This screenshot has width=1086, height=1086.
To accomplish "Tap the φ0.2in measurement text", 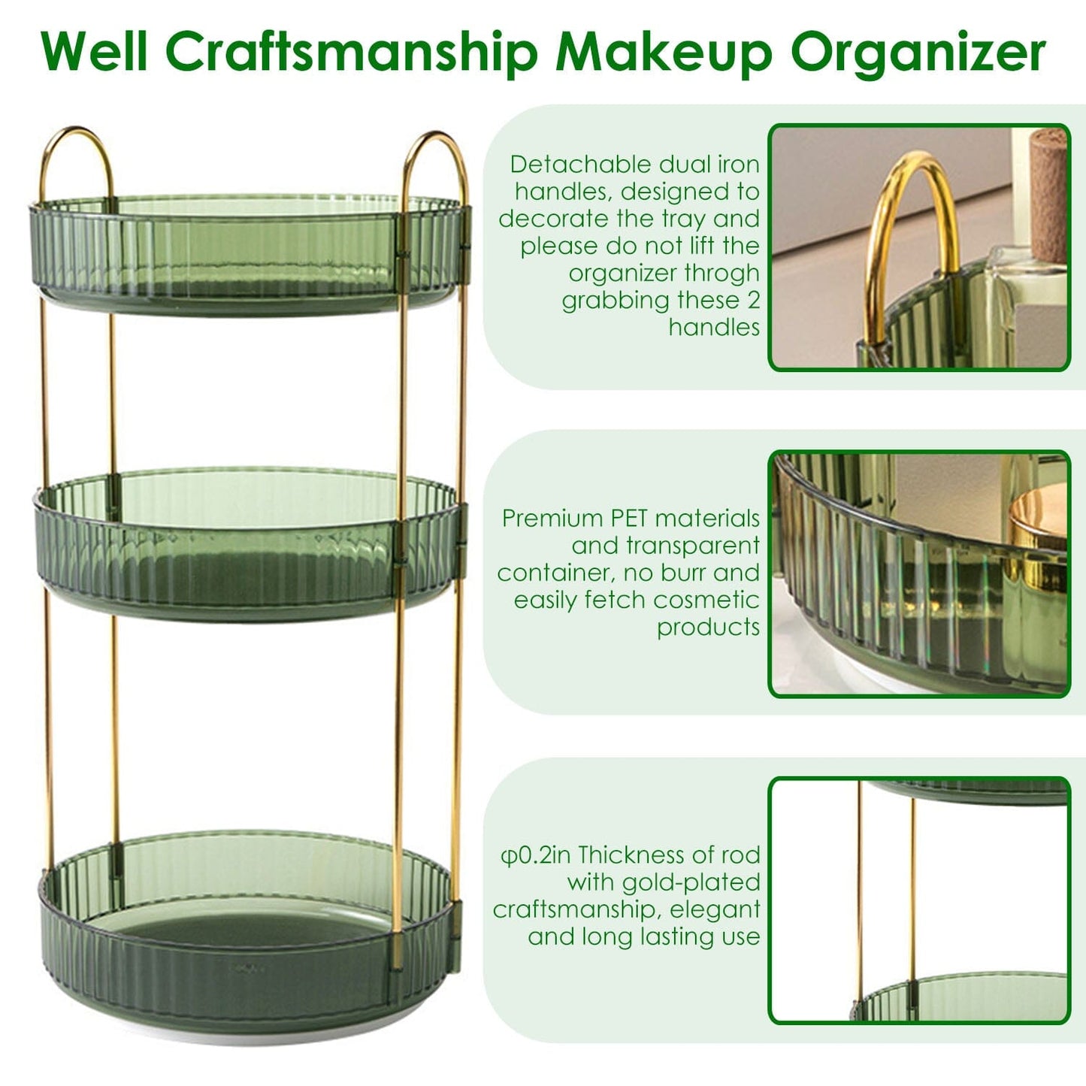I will (x=535, y=855).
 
